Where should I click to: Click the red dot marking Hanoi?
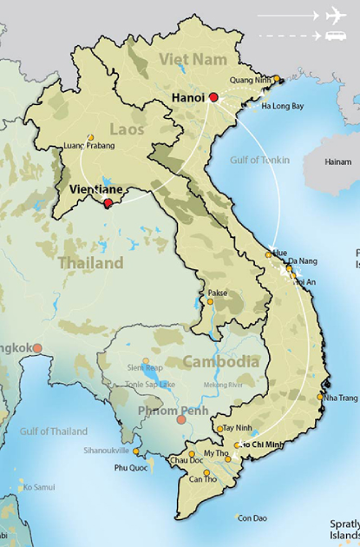[213, 97]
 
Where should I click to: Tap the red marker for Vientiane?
[108, 203]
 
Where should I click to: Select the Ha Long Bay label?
[283, 106]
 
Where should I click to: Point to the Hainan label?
[337, 161]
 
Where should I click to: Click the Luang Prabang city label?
[88, 148]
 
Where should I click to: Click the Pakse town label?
[217, 293]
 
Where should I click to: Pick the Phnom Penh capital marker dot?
[181, 420]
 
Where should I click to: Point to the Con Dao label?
[252, 517]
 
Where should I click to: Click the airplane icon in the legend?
[336, 15]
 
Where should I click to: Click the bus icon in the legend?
[336, 35]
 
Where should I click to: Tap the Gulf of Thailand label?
[54, 432]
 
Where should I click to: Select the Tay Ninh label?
[239, 428]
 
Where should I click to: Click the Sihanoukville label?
[105, 451]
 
